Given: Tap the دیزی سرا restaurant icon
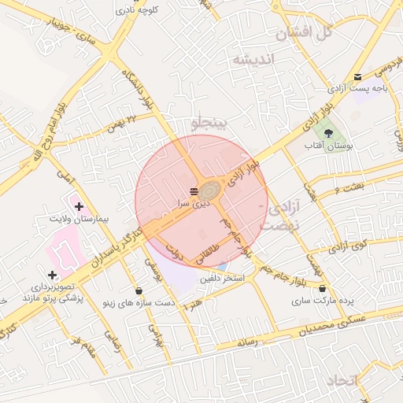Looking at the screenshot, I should point(194,191).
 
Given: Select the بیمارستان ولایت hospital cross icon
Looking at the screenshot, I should point(79,206).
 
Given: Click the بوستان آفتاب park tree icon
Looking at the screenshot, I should point(328,133).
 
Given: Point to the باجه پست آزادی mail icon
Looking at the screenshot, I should point(358,77).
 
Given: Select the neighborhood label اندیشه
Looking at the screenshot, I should point(253,60).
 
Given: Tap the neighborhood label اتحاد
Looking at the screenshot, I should point(340,380).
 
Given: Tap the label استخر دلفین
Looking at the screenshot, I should point(222,279).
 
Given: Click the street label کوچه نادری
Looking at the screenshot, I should point(138,10).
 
